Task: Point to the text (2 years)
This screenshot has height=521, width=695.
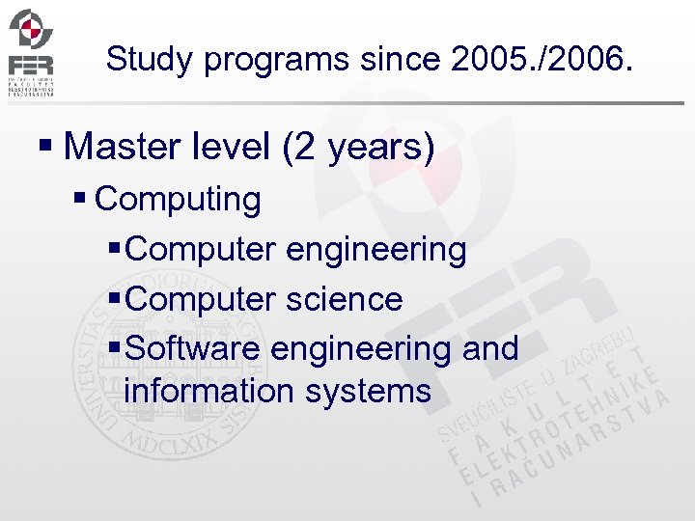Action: coord(358,148)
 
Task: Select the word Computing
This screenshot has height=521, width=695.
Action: coord(179,200)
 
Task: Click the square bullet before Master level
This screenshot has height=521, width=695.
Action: coord(44,148)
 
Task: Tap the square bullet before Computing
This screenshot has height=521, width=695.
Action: coord(81,200)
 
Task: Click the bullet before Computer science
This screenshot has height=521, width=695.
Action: coord(115,299)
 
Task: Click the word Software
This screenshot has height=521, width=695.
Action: coord(193,347)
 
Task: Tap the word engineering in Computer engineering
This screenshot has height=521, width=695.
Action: coord(375,250)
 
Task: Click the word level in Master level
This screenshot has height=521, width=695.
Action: coord(233,147)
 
